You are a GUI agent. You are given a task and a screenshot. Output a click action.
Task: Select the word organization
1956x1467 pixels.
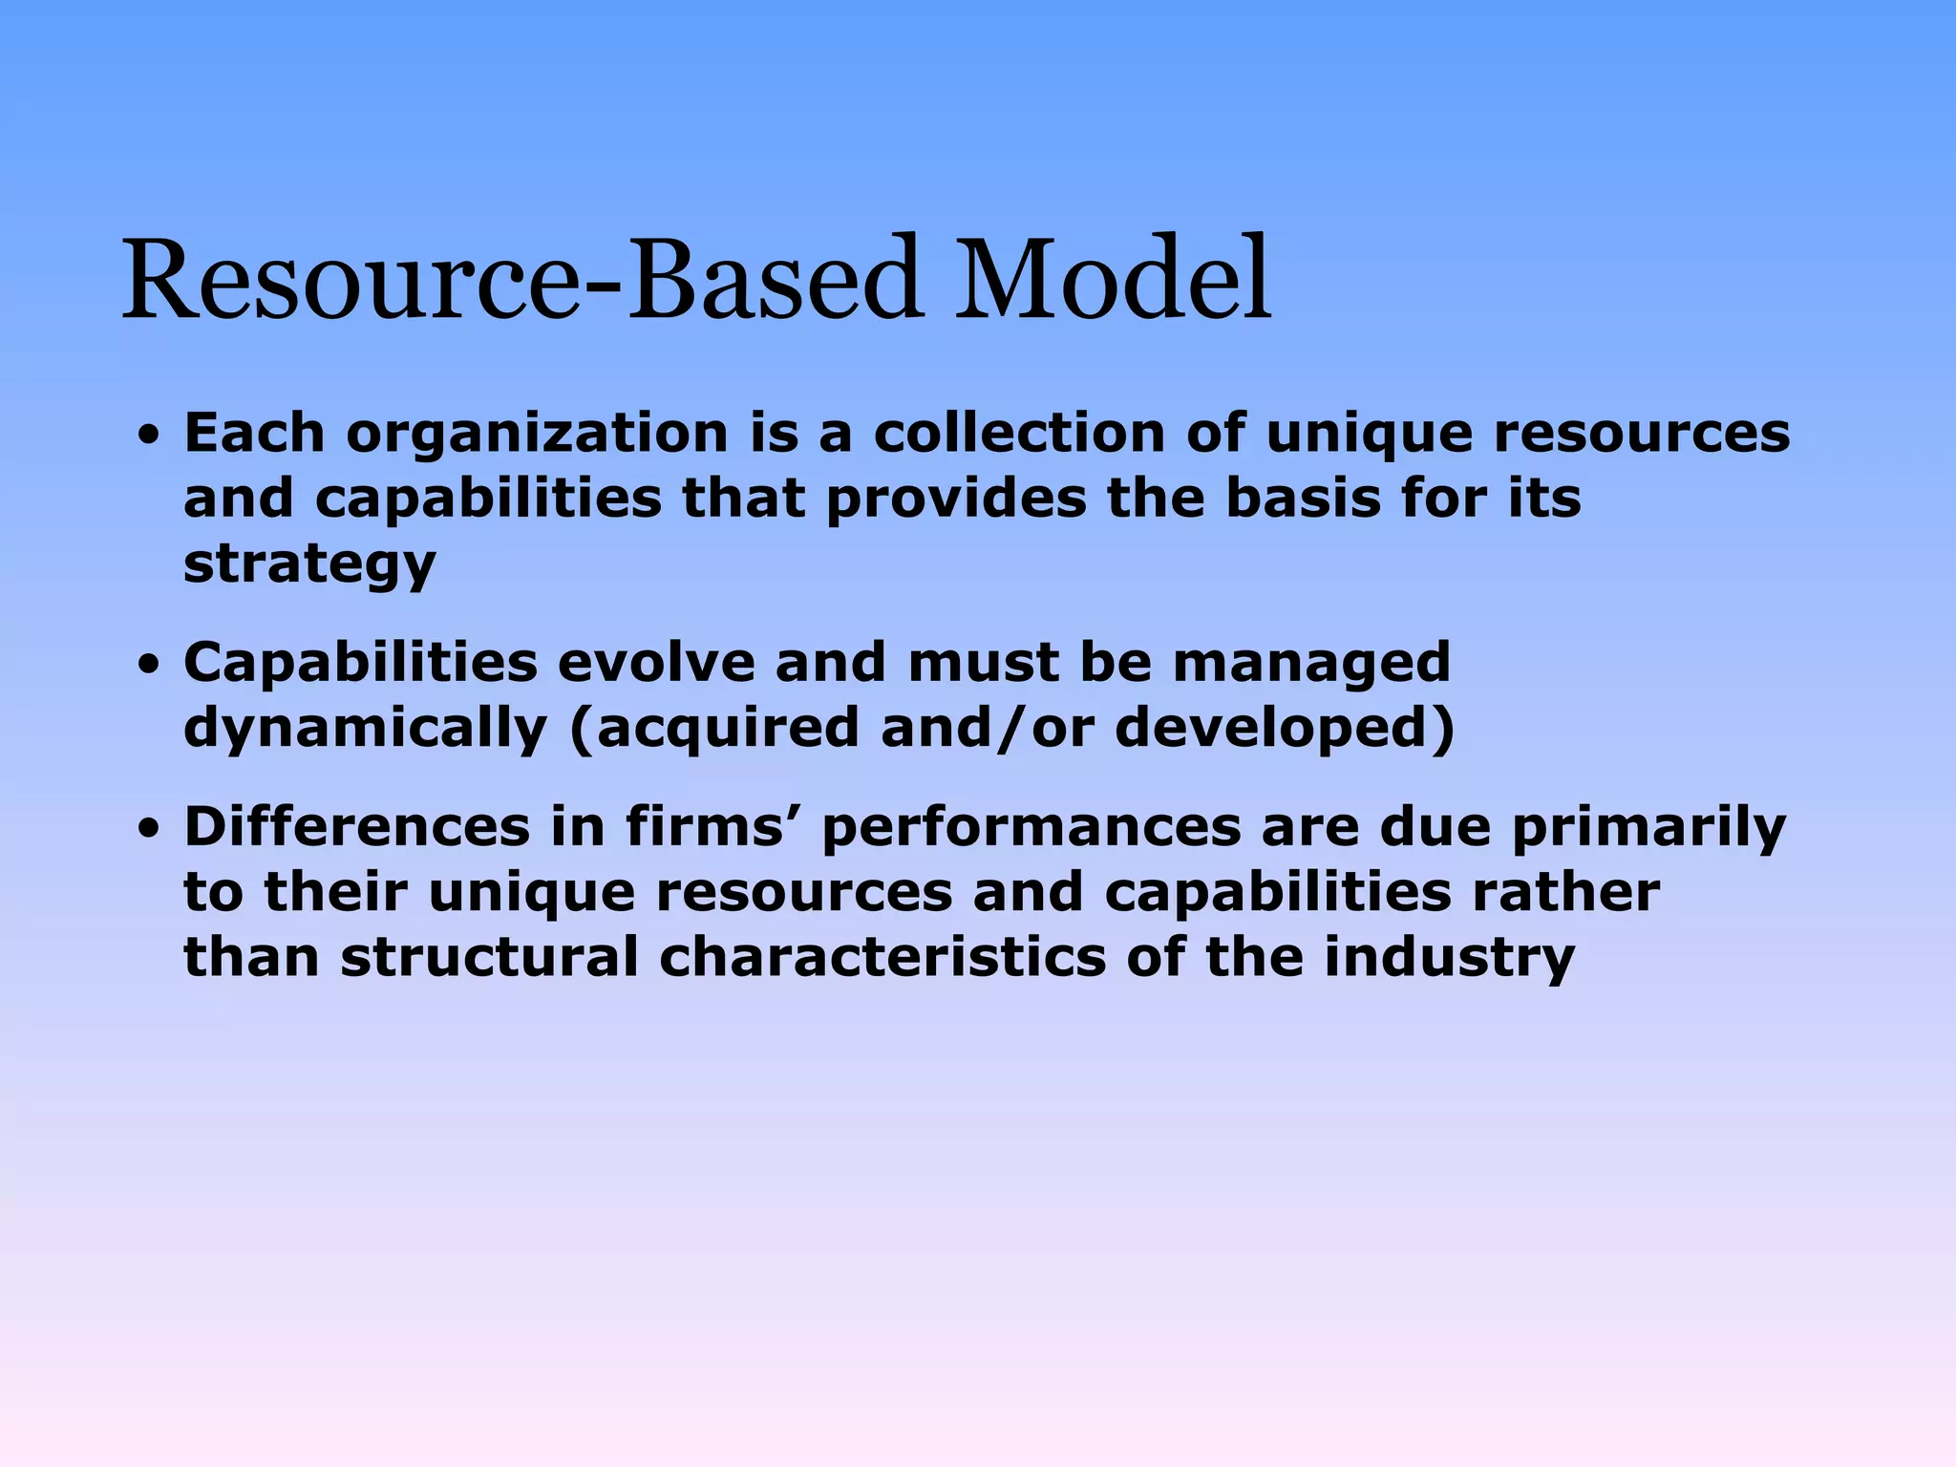click(537, 436)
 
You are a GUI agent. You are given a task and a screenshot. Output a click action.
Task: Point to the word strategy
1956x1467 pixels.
click(309, 565)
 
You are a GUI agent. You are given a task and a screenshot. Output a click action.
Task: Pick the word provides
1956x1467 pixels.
click(956, 500)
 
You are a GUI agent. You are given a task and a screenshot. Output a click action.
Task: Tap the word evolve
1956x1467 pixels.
click(655, 662)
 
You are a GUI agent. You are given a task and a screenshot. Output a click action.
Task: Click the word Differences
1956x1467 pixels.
click(356, 826)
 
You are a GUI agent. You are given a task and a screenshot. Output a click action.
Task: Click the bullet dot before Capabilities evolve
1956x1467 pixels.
click(148, 666)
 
